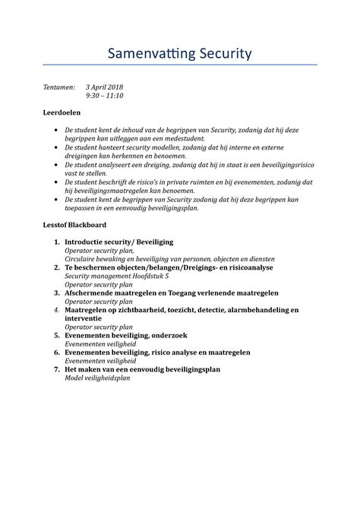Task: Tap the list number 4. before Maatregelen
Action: pos(57,310)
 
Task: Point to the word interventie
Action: pos(87,319)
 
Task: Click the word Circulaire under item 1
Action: pos(83,259)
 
